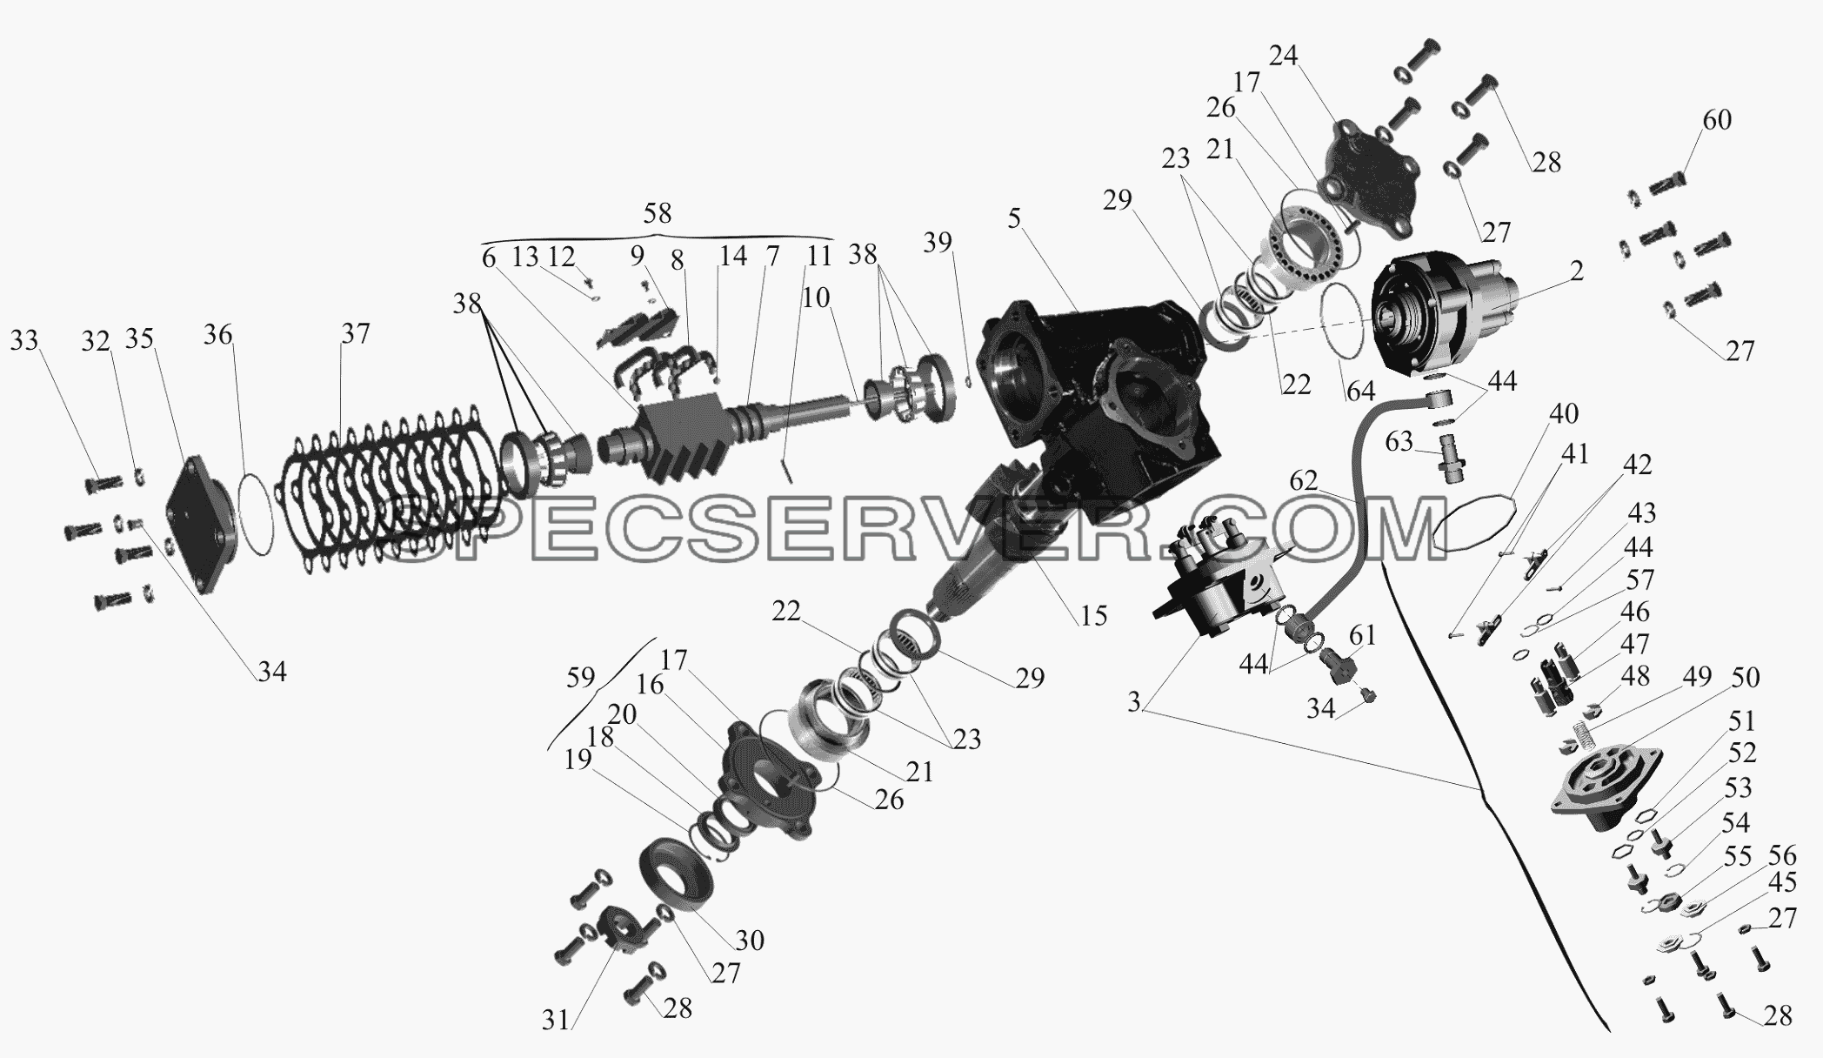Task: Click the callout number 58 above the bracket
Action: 657,214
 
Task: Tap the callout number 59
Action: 581,678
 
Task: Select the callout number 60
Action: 1716,119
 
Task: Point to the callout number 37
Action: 355,333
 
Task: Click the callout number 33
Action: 24,339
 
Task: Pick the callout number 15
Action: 1093,615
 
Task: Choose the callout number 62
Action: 1304,481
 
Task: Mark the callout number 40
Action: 1563,413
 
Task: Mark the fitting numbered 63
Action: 1448,460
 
